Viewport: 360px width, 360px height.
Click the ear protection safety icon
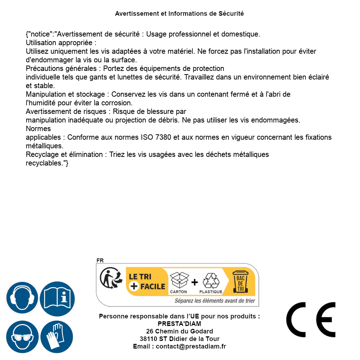22,298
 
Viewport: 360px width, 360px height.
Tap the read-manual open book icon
57,298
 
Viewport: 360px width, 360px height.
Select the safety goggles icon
22,337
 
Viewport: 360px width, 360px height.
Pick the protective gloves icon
57,337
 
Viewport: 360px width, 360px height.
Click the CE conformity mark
311,320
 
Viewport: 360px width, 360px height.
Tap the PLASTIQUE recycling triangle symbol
211,281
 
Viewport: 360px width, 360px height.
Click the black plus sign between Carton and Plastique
195,282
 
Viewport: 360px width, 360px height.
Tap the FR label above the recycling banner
100,260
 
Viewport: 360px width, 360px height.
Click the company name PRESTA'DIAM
179,324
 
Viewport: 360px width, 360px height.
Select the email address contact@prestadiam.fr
191,346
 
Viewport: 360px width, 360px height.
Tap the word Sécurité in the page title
231,14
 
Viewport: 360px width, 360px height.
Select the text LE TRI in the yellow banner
140,277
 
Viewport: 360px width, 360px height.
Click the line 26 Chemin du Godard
179,331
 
